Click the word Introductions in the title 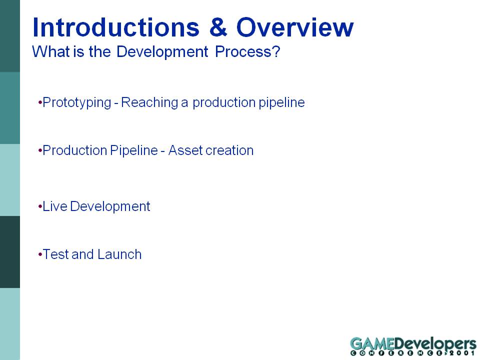pyautogui.click(x=115, y=27)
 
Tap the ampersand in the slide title pyautogui.click(x=218, y=27)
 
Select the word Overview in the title pyautogui.click(x=295, y=27)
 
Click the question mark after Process pyautogui.click(x=276, y=51)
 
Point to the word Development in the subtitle pyautogui.click(x=162, y=51)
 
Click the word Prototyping pyautogui.click(x=77, y=102)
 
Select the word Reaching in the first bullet pyautogui.click(x=149, y=102)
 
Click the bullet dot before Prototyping pyautogui.click(x=40, y=102)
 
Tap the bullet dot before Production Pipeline pyautogui.click(x=40, y=150)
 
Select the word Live pyautogui.click(x=55, y=206)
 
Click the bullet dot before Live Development pyautogui.click(x=40, y=206)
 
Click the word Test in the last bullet pyautogui.click(x=55, y=254)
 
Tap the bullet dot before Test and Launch pyautogui.click(x=40, y=254)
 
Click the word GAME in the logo pyautogui.click(x=372, y=344)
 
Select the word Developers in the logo pyautogui.click(x=435, y=344)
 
